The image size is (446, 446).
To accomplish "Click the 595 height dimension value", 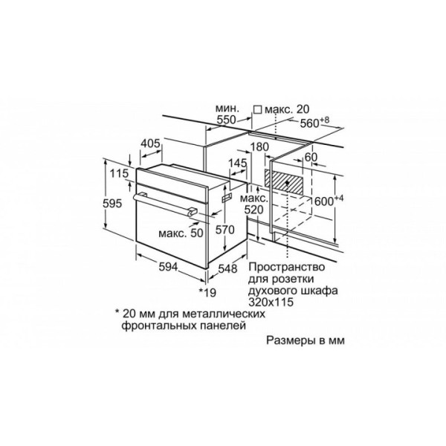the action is click(112, 204).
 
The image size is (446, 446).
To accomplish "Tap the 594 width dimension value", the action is click(168, 267).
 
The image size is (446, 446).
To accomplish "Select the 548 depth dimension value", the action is click(227, 268).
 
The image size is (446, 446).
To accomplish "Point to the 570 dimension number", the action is click(224, 230).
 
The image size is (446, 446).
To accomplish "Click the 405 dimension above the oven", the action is click(150, 143).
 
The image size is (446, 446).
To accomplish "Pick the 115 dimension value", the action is click(119, 173).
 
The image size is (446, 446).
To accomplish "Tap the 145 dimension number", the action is click(238, 163).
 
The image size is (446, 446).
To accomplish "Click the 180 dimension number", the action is click(259, 146).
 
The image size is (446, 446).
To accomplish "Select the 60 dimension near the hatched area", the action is click(311, 157).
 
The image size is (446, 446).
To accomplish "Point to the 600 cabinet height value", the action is click(324, 201).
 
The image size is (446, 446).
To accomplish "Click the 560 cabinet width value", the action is click(310, 123).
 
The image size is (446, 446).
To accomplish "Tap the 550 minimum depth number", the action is click(227, 120).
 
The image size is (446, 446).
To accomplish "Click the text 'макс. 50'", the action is click(181, 233).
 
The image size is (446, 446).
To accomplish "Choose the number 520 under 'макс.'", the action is click(254, 210).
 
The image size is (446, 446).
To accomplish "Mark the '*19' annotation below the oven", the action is click(207, 292).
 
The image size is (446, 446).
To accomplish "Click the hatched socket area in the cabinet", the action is click(284, 182).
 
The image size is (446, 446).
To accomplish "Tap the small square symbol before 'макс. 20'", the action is click(258, 109).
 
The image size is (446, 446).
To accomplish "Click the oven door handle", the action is click(165, 204).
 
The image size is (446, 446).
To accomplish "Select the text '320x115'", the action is click(271, 302).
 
